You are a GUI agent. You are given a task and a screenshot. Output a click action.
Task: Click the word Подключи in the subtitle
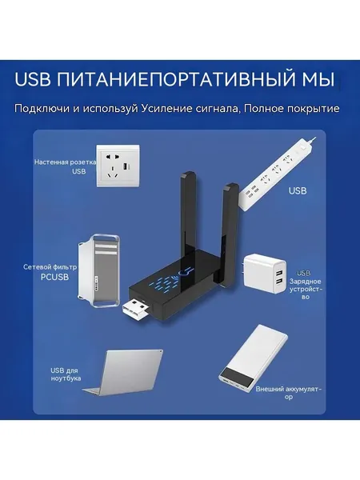[42, 109]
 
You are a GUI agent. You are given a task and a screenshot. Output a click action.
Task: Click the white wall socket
[118, 166]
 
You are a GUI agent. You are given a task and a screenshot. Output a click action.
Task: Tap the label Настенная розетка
[65, 162]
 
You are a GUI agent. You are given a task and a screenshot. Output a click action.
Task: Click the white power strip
[277, 174]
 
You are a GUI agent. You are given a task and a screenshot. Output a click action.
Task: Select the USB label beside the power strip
[298, 190]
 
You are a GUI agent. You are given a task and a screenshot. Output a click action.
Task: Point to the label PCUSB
[54, 278]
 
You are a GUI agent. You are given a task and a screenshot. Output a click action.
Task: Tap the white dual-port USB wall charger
[265, 274]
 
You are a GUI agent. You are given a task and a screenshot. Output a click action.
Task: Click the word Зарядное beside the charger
[306, 282]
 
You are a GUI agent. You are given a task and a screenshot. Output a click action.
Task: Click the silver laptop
[123, 373]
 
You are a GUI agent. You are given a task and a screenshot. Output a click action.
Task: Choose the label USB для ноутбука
[66, 374]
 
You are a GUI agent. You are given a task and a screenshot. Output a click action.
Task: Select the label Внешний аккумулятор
[289, 393]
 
